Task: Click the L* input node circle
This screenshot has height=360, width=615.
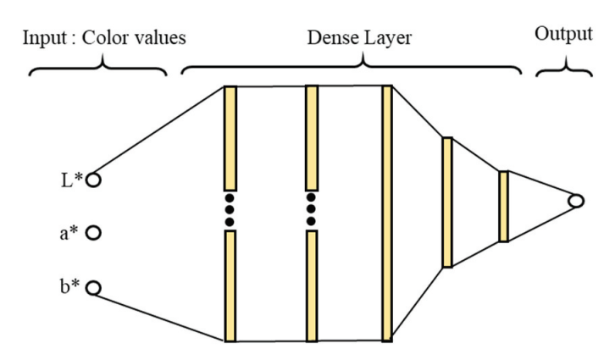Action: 93,180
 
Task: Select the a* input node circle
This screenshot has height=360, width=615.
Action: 93,232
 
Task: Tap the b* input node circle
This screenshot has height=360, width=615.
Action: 93,289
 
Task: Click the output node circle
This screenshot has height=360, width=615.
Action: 576,201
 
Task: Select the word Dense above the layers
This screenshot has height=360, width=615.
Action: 331,38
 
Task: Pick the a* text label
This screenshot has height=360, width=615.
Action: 69,233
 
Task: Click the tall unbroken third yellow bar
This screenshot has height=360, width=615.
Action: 387,212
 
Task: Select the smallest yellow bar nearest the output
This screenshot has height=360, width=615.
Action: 503,207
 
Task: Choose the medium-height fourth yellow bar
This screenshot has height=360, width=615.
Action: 447,202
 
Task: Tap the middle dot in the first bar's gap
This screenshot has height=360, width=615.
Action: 229,210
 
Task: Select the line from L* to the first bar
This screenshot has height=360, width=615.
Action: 161,130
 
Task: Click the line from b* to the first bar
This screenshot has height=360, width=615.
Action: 161,315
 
